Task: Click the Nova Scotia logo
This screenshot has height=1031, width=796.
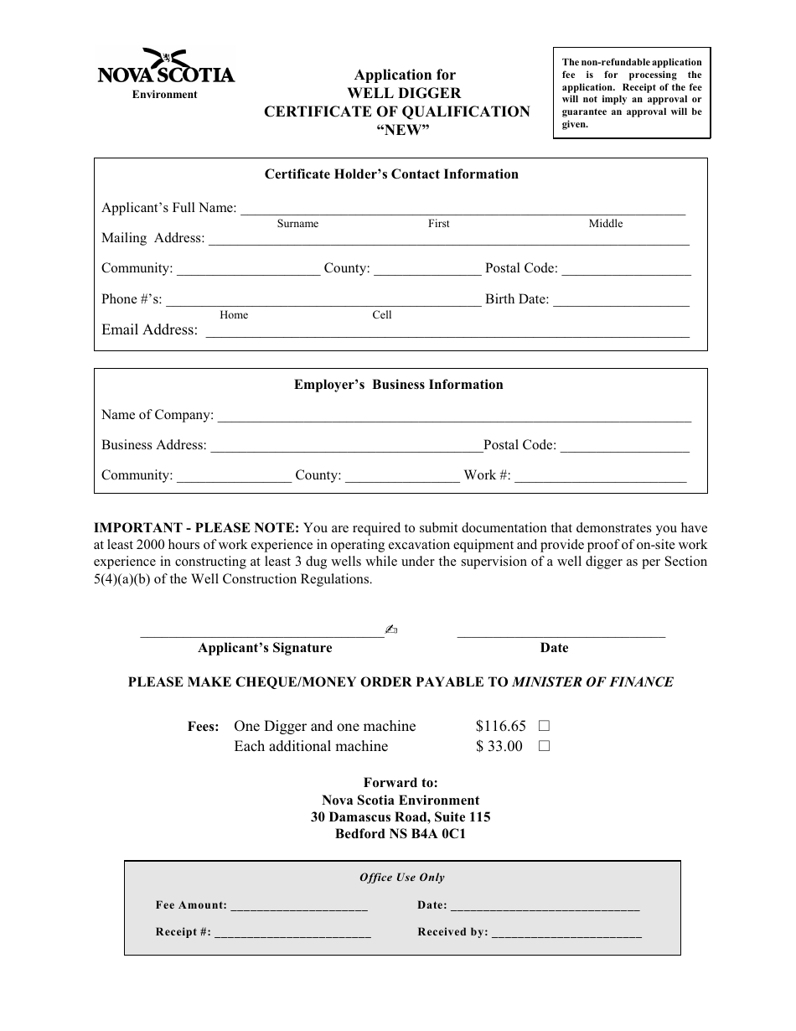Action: click(166, 70)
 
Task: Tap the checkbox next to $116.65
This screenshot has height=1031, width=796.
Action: click(544, 726)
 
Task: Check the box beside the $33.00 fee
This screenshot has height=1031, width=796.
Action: click(544, 746)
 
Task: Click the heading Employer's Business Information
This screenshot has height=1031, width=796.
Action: click(398, 385)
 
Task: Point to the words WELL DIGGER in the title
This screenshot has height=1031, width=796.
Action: click(404, 93)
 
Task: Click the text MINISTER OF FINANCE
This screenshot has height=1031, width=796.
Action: click(592, 682)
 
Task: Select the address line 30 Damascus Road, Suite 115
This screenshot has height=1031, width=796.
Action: click(401, 817)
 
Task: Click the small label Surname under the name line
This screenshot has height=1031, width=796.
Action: click(297, 224)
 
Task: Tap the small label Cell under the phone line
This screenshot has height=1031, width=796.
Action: click(382, 315)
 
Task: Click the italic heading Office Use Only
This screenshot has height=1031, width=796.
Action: click(402, 878)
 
